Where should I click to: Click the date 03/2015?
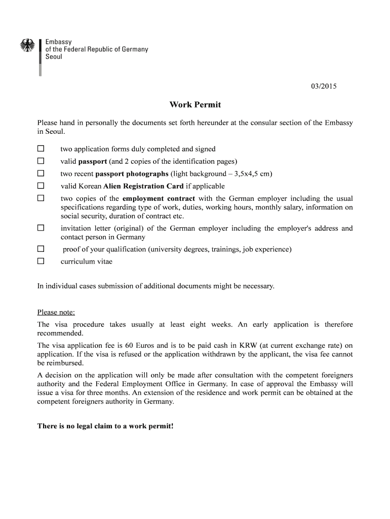[324, 86]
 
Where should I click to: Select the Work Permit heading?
[195, 105]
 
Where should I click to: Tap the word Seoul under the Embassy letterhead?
[54, 57]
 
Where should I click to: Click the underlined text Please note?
[56, 312]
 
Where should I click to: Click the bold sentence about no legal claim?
[105, 426]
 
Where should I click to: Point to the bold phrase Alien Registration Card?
[143, 186]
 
